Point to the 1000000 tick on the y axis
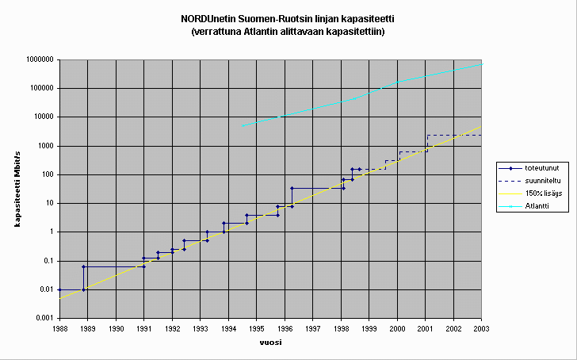(x=38, y=59)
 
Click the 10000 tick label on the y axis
(x=42, y=117)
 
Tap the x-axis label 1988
(x=59, y=327)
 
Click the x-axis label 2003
(x=481, y=327)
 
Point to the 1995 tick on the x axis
(x=257, y=327)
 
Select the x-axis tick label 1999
(x=369, y=327)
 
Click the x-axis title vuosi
(x=270, y=343)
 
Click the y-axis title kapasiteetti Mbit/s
(x=17, y=188)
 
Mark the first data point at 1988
(x=60, y=289)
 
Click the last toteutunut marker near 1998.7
(x=359, y=169)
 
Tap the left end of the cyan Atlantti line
(x=243, y=126)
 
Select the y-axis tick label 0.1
(x=48, y=261)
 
